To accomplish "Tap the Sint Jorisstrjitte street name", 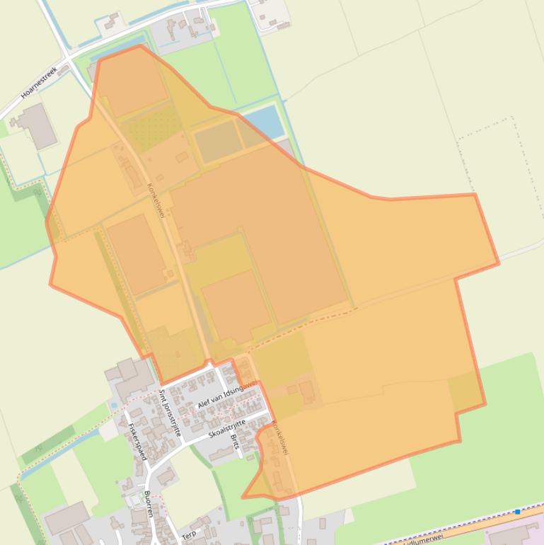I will pos(170,413).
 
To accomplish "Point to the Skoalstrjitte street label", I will pos(226,428).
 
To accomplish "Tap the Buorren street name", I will pos(149,503).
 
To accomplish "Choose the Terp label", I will pos(190,534).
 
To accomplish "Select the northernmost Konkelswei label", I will pos(155,200).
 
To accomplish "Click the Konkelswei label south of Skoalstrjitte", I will pos(280,437).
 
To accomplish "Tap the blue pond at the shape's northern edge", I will pos(262,122).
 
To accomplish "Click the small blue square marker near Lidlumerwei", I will pos(518,511).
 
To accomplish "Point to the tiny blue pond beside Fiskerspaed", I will pos(114,406).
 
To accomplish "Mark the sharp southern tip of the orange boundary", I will pos(243,498).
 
